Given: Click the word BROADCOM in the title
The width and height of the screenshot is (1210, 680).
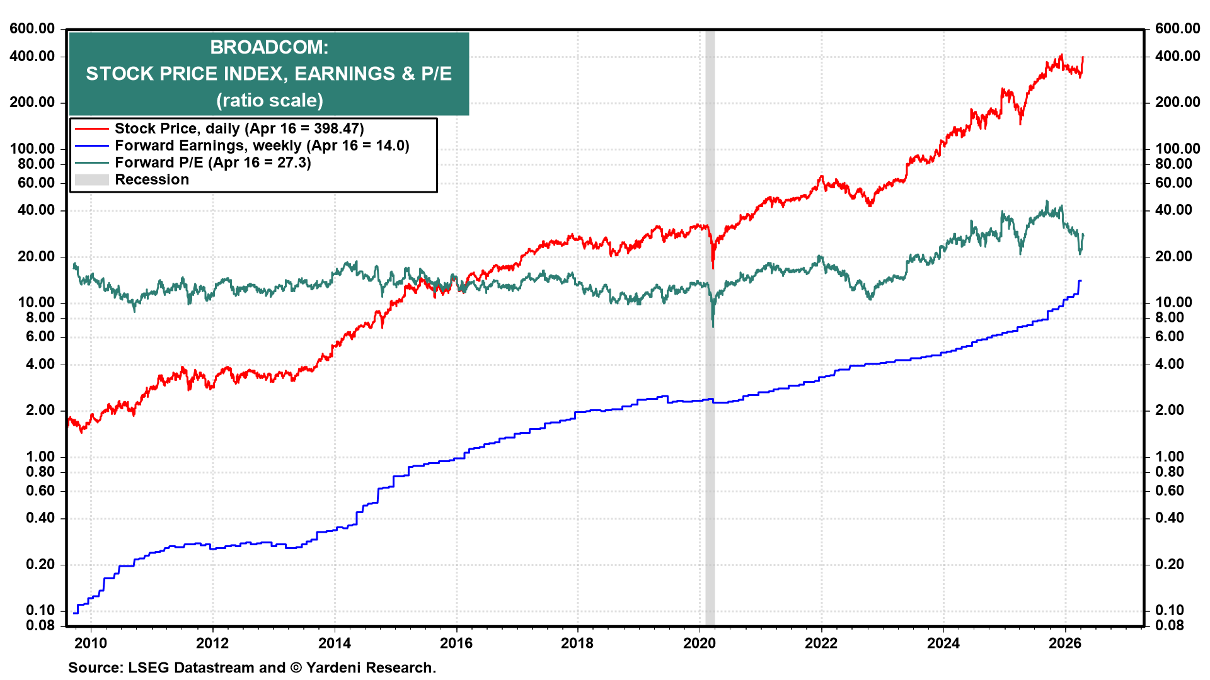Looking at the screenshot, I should click(x=269, y=47).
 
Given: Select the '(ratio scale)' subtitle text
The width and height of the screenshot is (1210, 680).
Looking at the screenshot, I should click(x=269, y=100).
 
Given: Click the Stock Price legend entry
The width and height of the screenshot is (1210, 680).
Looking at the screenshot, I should click(x=238, y=128).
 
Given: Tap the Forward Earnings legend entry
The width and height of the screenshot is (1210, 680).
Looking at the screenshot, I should click(x=262, y=145).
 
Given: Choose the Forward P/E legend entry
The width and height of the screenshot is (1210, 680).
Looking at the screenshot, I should click(x=212, y=162).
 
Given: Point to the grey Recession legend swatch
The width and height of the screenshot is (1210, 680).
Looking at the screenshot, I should click(x=91, y=180).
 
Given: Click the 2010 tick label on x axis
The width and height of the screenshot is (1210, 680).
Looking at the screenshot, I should click(x=91, y=643).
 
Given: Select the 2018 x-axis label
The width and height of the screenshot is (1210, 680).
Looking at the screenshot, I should click(x=577, y=643).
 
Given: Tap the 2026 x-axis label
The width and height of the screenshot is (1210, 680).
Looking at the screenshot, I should click(x=1064, y=643).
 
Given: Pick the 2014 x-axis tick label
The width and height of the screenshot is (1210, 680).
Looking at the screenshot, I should click(x=334, y=643).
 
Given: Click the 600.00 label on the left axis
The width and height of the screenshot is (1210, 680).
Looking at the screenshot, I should click(x=32, y=28).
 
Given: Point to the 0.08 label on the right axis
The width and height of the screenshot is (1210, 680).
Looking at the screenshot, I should click(x=1170, y=625).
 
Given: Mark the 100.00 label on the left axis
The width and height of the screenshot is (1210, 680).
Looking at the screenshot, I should click(x=32, y=149).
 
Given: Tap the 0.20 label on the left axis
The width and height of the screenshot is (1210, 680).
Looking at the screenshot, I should click(x=40, y=564).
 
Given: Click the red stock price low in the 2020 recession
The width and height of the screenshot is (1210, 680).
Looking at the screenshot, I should click(x=713, y=267).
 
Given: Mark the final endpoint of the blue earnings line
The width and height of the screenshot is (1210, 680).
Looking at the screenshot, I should click(x=1081, y=281).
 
